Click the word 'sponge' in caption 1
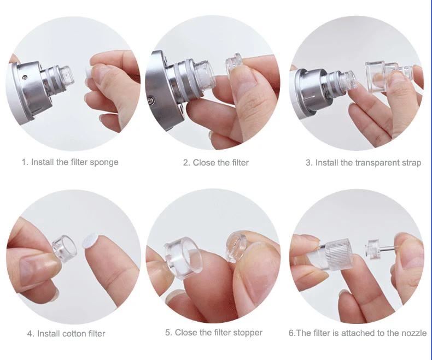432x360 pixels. (x=104, y=162)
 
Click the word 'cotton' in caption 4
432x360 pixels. (x=74, y=334)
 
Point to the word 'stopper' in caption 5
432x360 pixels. (x=248, y=333)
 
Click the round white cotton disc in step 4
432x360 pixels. (x=90, y=241)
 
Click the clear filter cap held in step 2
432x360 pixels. (x=233, y=64)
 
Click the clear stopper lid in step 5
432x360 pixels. (x=237, y=246)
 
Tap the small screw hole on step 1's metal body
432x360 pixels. (x=25, y=78)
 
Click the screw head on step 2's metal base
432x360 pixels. (x=150, y=99)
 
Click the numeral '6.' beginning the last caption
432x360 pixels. (x=292, y=333)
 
